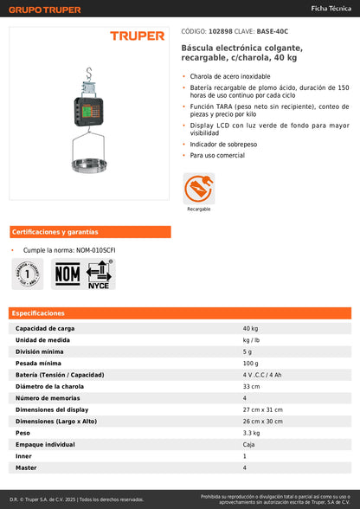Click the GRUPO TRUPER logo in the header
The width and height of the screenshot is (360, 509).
(44, 10)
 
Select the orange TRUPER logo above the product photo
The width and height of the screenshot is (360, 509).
(137, 36)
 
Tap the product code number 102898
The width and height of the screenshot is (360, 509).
(220, 29)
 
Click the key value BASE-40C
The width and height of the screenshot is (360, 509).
(273, 29)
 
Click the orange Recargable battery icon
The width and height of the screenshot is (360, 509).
(198, 187)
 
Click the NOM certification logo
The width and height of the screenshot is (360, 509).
(67, 274)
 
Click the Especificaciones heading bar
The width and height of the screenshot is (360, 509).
(180, 312)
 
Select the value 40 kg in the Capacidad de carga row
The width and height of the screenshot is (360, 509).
(250, 329)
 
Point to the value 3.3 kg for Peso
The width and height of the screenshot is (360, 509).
(251, 431)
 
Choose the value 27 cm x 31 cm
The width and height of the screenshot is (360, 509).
(264, 409)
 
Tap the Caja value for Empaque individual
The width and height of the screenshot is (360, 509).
(250, 443)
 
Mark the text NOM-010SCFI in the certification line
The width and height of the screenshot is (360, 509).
(96, 250)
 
